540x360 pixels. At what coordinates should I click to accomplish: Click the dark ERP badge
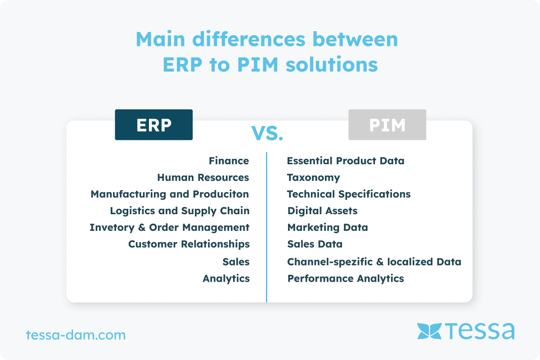point(154,125)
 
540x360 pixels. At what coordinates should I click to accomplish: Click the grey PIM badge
point(387,125)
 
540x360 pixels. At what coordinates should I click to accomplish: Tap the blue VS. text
point(267,133)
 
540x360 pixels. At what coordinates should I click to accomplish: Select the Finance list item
point(229,161)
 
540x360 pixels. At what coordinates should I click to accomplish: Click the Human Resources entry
point(203,177)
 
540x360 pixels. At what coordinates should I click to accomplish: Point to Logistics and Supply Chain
point(180,211)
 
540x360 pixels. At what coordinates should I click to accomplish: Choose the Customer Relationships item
point(189,244)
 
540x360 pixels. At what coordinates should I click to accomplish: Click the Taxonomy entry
point(313,178)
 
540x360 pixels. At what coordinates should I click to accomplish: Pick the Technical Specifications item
point(349,194)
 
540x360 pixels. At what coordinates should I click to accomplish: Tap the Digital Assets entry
point(322,211)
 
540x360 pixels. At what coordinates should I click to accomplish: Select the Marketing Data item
point(328,228)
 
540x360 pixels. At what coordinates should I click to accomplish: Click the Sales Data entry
point(315,244)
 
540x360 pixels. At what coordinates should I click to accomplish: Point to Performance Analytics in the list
point(346,279)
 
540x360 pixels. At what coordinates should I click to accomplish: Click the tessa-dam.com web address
point(76,335)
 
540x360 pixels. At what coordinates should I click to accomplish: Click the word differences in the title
point(249,39)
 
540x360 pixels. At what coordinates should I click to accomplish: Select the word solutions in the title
point(332,64)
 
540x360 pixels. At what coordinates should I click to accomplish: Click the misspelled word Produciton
point(221,194)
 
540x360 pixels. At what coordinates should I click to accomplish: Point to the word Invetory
point(112,228)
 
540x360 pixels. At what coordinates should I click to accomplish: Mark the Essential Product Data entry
point(346,161)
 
